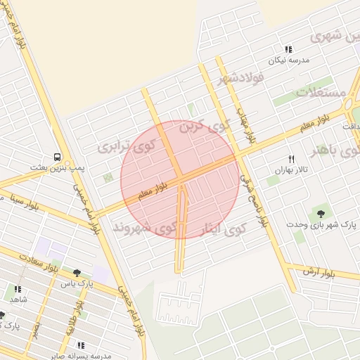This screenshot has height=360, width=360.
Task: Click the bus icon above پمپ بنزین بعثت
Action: click(x=56, y=157)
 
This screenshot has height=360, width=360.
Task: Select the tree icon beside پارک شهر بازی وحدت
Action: click(x=321, y=212)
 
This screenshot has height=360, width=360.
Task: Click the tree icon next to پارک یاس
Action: click(x=77, y=273)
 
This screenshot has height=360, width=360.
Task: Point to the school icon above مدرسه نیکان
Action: click(x=288, y=49)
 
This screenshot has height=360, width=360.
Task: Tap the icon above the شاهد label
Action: click(x=18, y=288)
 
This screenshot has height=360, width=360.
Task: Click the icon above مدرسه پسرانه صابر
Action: click(x=81, y=345)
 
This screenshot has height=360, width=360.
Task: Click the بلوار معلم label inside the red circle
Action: click(x=154, y=190)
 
